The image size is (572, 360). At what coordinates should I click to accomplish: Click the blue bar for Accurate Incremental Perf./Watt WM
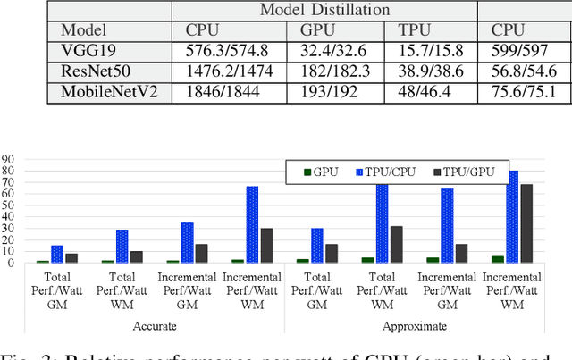pos(252,224)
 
